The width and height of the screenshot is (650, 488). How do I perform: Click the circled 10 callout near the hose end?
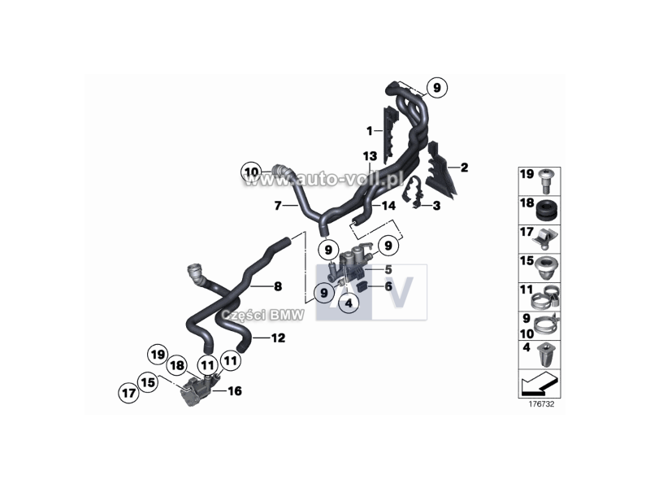pyautogui.click(x=252, y=172)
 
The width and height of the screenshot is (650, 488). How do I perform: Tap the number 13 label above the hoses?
pyautogui.click(x=370, y=156)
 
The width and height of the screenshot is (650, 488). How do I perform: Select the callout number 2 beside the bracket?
pyautogui.click(x=464, y=168)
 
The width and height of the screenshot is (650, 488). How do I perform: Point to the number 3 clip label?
pyautogui.click(x=436, y=206)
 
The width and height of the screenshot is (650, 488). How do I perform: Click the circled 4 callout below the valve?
pyautogui.click(x=349, y=303)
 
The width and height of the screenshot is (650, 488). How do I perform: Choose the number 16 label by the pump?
pyautogui.click(x=234, y=391)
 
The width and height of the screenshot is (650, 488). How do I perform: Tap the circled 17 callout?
pyautogui.click(x=128, y=393)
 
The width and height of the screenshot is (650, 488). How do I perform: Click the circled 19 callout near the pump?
pyautogui.click(x=158, y=355)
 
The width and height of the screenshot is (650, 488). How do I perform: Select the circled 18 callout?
pyautogui.click(x=177, y=365)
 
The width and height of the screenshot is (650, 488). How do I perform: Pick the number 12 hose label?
pyautogui.click(x=278, y=338)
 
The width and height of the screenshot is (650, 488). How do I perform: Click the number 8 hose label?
pyautogui.click(x=278, y=286)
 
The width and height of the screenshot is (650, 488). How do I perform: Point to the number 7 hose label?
pyautogui.click(x=278, y=206)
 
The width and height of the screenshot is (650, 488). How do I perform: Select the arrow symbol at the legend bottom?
pyautogui.click(x=539, y=383)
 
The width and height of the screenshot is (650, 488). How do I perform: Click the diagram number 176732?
pyautogui.click(x=541, y=404)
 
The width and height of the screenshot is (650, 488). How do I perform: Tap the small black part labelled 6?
pyautogui.click(x=362, y=286)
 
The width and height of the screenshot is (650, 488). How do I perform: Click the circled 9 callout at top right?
pyautogui.click(x=436, y=88)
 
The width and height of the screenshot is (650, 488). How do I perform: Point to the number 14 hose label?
pyautogui.click(x=388, y=206)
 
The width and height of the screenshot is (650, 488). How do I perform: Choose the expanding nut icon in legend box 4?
pyautogui.click(x=546, y=355)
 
